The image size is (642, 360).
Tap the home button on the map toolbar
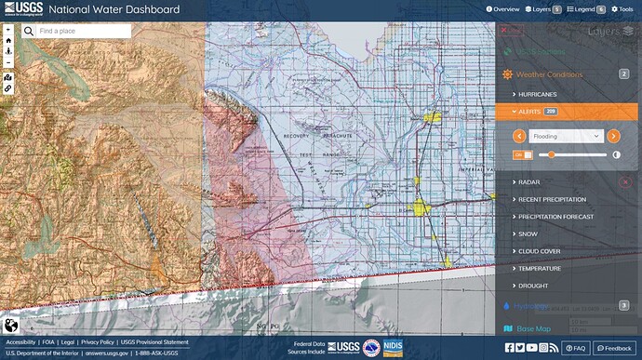(x=8, y=41)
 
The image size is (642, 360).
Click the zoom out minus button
(x=8, y=52)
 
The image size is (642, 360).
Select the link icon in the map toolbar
(x=8, y=88)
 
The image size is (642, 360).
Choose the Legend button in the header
(x=586, y=8)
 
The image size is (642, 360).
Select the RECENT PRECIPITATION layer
(x=552, y=199)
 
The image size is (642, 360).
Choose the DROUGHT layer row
(x=534, y=286)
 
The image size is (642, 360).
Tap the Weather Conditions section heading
(x=549, y=74)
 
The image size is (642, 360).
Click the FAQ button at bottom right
(x=575, y=348)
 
